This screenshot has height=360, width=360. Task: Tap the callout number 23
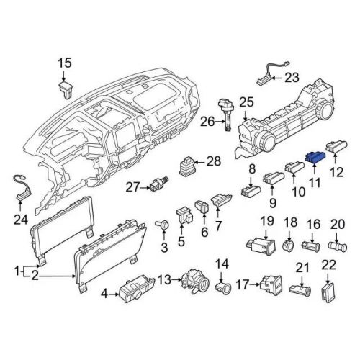point(290,78)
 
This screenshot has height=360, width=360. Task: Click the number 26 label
point(207,122)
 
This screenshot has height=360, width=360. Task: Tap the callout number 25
point(247,102)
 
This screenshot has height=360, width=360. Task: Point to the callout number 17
point(242,286)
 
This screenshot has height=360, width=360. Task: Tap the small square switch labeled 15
point(65,88)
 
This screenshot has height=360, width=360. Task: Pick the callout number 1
point(17,271)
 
